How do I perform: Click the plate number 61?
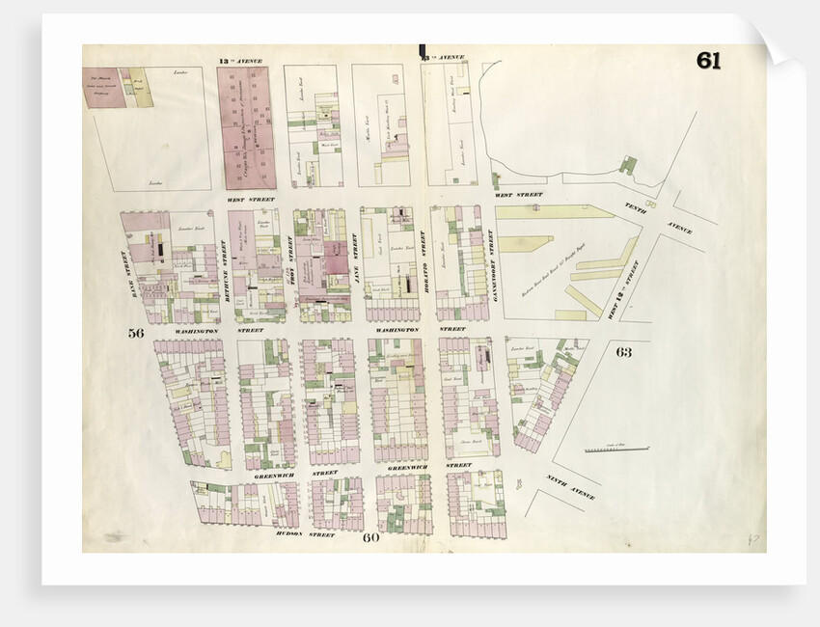pos(708,61)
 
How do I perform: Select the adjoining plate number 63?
pos(624,352)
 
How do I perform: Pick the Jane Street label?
pos(356,254)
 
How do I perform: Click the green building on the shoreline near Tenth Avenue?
pos(628,165)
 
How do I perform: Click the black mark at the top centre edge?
pos(422,51)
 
